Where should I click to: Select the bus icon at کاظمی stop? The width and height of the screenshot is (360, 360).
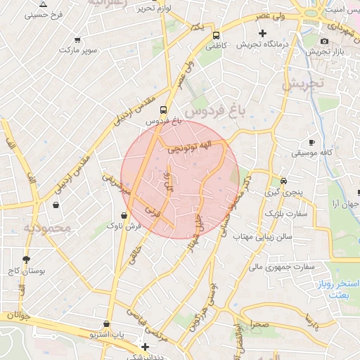[216, 34]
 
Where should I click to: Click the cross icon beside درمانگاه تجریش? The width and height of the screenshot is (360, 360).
[263, 33]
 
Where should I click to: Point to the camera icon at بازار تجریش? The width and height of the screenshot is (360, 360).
[323, 41]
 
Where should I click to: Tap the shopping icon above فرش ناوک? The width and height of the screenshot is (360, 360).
[124, 216]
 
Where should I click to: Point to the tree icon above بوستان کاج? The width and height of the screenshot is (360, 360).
[26, 259]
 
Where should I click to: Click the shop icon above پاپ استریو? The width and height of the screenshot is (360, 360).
[106, 324]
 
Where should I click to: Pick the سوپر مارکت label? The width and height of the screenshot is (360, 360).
[78, 51]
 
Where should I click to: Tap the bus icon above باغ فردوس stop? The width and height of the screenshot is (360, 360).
[163, 110]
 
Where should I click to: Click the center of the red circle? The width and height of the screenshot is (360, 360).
[180, 179]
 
